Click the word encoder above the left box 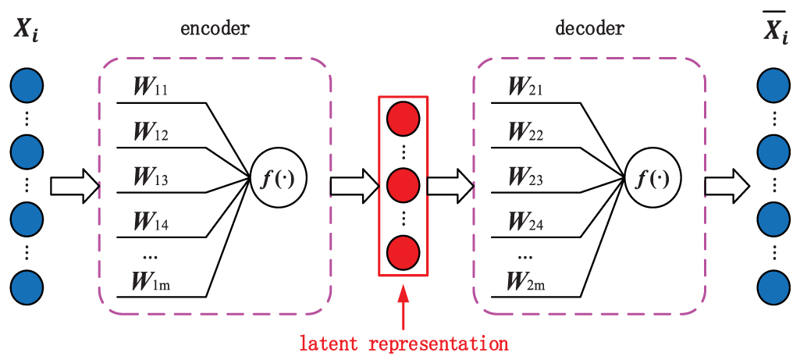215,30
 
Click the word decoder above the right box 590,30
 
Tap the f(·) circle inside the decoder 653,179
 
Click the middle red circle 404,185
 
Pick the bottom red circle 404,251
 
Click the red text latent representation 404,343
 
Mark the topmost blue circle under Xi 27,85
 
